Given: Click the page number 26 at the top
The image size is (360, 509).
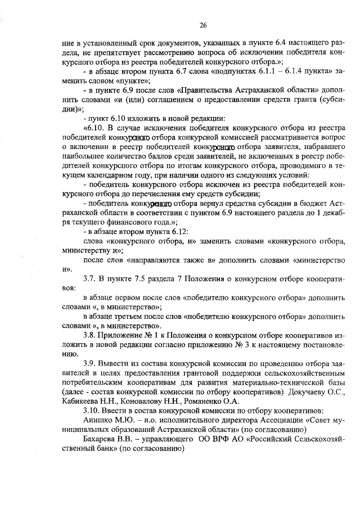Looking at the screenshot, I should click(203, 25).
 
